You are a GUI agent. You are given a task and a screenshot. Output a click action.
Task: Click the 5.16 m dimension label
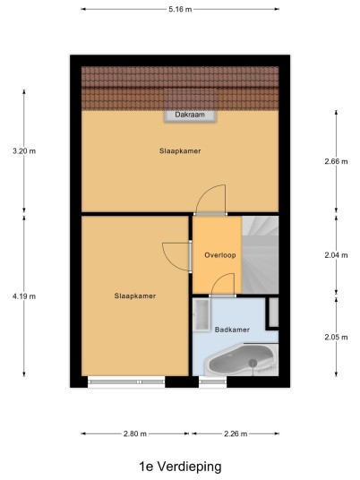click(180, 9)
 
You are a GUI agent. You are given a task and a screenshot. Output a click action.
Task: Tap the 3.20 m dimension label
click(24, 151)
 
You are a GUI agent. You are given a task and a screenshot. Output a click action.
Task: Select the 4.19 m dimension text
click(24, 296)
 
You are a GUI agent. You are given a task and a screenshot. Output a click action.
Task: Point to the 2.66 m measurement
click(336, 161)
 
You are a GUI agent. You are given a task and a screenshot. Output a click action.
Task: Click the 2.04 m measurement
click(336, 255)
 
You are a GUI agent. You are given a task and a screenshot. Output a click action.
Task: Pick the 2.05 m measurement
click(336, 338)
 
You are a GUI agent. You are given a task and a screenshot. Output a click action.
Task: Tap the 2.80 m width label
click(135, 433)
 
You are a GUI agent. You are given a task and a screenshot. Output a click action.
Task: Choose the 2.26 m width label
click(236, 433)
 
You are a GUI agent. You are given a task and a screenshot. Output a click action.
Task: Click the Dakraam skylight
click(190, 116)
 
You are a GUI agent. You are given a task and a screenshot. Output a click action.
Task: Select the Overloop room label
click(220, 255)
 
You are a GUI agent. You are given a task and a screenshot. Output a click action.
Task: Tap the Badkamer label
click(232, 330)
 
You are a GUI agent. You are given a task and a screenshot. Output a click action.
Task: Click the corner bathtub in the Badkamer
click(241, 360)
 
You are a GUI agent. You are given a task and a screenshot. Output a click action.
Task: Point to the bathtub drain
click(253, 363)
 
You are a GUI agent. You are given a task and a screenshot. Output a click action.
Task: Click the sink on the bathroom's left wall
click(201, 315)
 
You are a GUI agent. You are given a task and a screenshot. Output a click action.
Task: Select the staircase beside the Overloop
click(261, 255)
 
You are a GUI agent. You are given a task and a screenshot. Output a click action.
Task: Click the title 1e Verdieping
click(180, 467)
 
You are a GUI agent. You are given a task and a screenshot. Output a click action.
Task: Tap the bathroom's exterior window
click(213, 382)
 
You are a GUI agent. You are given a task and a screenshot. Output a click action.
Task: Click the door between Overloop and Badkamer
click(223, 286)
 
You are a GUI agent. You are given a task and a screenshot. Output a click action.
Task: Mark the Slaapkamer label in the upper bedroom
click(180, 151)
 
